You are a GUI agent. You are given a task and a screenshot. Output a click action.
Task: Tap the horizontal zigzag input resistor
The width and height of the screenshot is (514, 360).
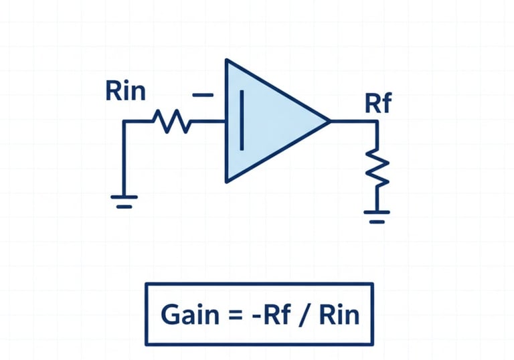click(171, 122)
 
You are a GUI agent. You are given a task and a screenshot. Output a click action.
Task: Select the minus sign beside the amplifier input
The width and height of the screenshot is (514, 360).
click(202, 96)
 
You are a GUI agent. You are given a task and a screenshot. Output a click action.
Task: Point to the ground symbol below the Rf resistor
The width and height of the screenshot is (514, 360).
click(377, 215)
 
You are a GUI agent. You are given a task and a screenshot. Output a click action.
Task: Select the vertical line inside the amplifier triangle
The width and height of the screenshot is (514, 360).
click(241, 120)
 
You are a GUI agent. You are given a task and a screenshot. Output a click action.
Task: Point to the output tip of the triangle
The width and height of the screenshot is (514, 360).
click(329, 121)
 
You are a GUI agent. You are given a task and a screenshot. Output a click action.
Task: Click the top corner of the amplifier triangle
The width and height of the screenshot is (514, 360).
click(227, 61)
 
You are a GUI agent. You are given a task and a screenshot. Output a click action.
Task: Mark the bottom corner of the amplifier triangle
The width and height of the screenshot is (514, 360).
click(227, 181)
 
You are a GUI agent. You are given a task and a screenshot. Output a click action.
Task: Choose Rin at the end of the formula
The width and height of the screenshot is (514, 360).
click(339, 314)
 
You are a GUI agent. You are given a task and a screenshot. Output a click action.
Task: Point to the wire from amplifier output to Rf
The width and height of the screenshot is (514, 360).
click(353, 122)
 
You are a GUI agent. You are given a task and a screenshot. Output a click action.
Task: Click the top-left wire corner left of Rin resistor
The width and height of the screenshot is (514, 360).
click(124, 122)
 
